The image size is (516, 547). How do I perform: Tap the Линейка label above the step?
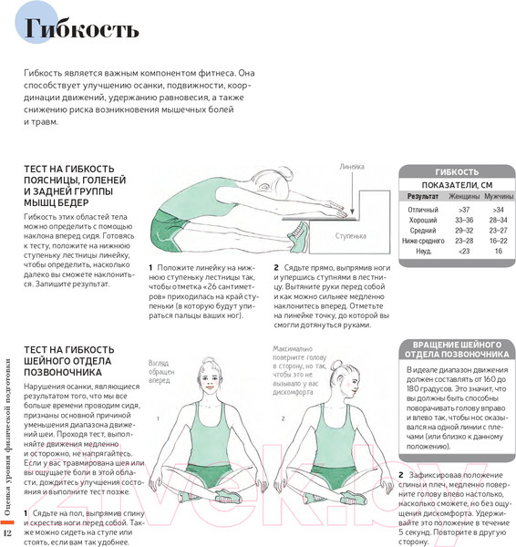(351, 167)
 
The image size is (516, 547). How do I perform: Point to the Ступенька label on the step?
(350, 234)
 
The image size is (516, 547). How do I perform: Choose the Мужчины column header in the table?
(498, 196)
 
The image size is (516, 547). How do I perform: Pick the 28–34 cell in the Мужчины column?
(498, 221)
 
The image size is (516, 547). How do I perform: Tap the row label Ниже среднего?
(424, 240)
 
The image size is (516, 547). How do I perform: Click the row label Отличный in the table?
(423, 211)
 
